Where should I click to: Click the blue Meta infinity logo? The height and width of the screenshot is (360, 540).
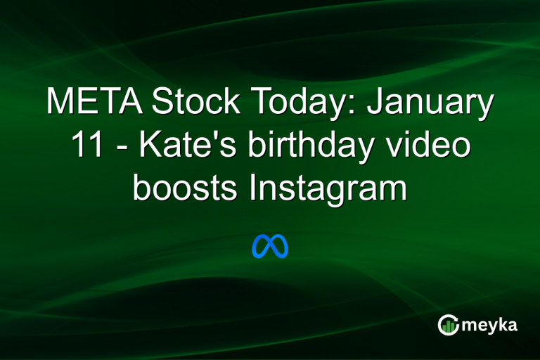[270, 246]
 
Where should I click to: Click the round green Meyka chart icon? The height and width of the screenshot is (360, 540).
[448, 324]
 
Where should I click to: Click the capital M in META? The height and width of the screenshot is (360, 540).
[60, 103]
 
